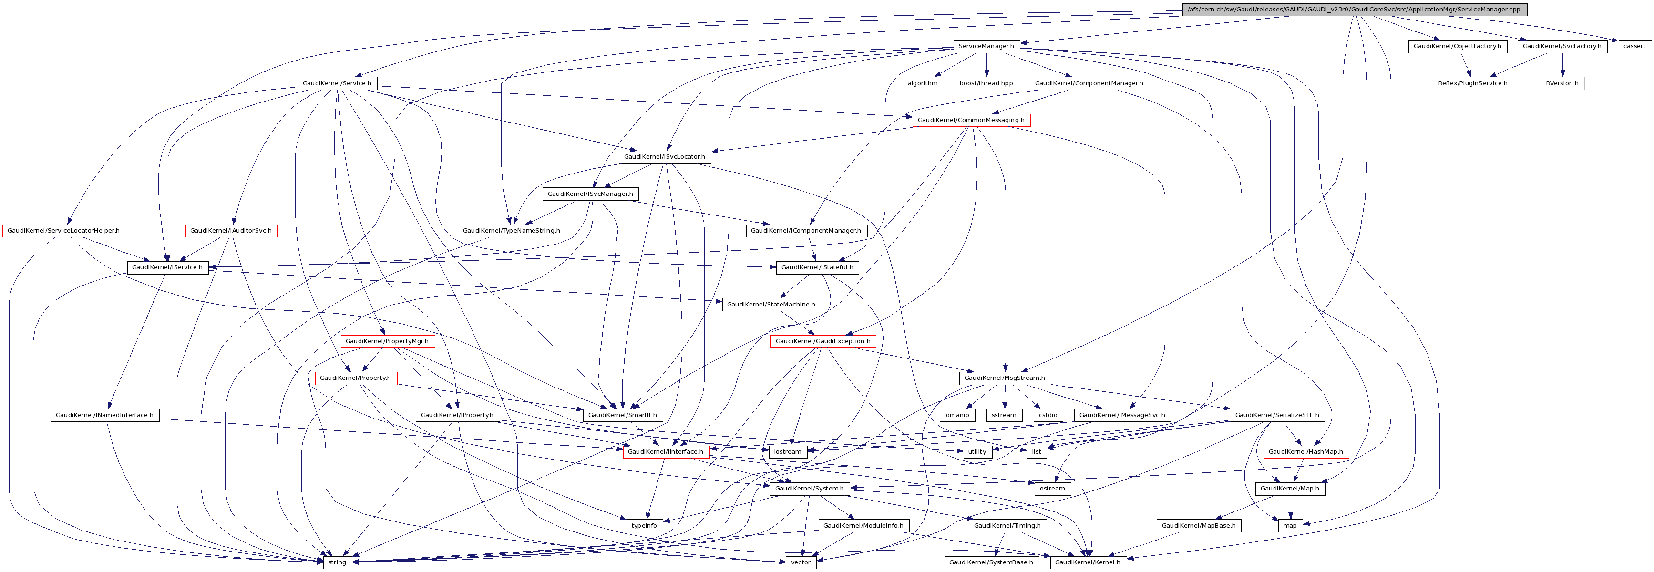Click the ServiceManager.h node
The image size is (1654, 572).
coord(986,46)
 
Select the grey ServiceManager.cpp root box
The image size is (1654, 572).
coord(1354,10)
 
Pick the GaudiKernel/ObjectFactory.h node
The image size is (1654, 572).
coord(1457,46)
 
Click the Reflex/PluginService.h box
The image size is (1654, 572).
coord(1472,83)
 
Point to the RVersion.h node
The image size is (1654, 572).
coord(1562,83)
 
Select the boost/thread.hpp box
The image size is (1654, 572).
coord(986,83)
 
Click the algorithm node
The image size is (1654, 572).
coord(922,83)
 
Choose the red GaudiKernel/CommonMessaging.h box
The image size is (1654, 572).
coord(971,120)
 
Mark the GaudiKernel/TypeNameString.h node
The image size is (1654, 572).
coord(511,231)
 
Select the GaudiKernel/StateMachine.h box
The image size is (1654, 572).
coord(770,304)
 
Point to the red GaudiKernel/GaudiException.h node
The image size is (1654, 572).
coord(822,341)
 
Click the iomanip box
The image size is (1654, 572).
coord(956,415)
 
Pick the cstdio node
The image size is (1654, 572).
coord(1047,415)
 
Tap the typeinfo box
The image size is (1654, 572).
coord(644,525)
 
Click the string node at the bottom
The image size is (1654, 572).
coord(337,562)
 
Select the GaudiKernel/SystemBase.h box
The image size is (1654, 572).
coord(991,562)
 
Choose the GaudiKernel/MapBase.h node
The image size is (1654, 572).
coord(1198,525)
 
